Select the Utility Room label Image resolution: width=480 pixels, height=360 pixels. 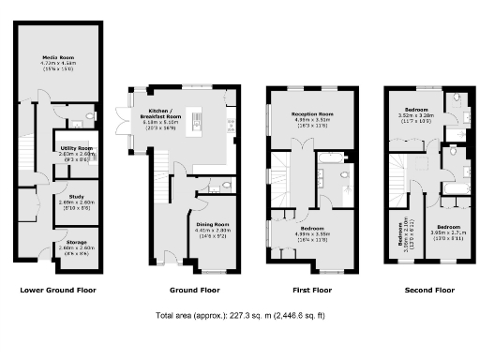pyautogui.click(x=77, y=148)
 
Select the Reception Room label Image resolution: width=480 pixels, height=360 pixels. pyautogui.click(x=308, y=113)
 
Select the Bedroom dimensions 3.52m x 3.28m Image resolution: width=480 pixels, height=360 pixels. pyautogui.click(x=415, y=117)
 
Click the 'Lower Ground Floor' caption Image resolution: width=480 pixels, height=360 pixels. pyautogui.click(x=58, y=290)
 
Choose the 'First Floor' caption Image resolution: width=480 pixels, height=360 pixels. pyautogui.click(x=308, y=290)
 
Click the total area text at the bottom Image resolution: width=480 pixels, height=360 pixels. pyautogui.click(x=240, y=316)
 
